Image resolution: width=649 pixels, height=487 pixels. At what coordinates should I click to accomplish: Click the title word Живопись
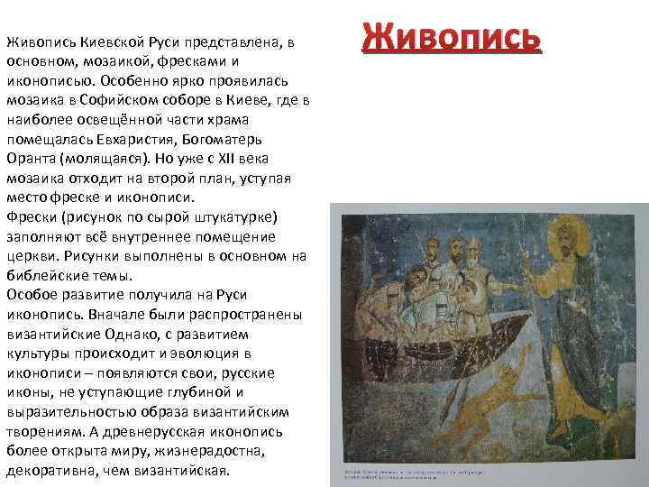452,39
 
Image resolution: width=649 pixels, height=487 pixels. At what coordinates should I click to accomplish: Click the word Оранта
28,158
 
